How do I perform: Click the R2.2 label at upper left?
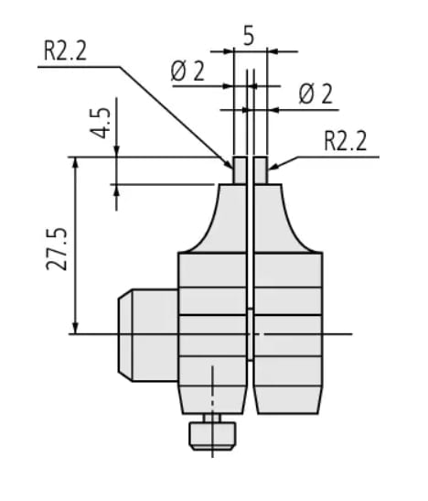pyautogui.click(x=66, y=50)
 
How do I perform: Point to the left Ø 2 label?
pyautogui.click(x=188, y=71)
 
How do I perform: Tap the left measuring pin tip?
pyautogui.click(x=240, y=169)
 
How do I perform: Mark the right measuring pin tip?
pyautogui.click(x=261, y=169)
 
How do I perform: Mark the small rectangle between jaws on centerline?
pyautogui.click(x=250, y=333)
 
